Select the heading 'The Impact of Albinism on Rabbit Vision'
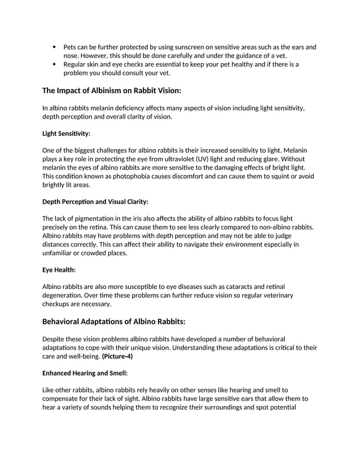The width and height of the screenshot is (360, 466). point(112,90)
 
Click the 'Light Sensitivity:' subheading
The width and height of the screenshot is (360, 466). point(66,134)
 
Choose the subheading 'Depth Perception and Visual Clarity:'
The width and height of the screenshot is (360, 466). point(95,201)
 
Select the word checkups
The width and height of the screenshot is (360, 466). point(58,304)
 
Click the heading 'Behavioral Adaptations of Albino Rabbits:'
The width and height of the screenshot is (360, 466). point(114,322)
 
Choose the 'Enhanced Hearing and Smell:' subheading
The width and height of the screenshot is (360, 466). point(85,373)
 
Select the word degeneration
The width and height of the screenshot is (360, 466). point(65,296)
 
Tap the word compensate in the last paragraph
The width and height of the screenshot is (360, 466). point(64,399)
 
